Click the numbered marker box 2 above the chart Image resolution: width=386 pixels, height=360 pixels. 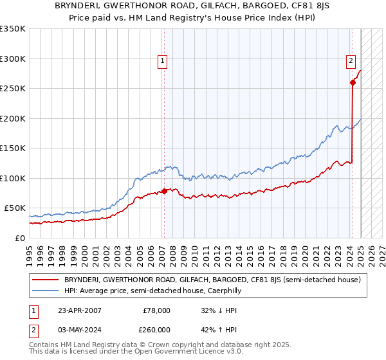tap(351, 61)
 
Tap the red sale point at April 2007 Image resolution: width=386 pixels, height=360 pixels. tap(164, 190)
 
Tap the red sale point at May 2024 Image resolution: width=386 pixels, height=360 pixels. tap(353, 82)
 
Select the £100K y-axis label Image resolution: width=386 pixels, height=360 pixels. tap(13, 178)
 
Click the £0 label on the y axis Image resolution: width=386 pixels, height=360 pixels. tap(19, 238)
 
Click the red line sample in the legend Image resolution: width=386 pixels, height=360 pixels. tap(45, 280)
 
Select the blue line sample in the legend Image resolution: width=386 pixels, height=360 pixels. tap(45, 291)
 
